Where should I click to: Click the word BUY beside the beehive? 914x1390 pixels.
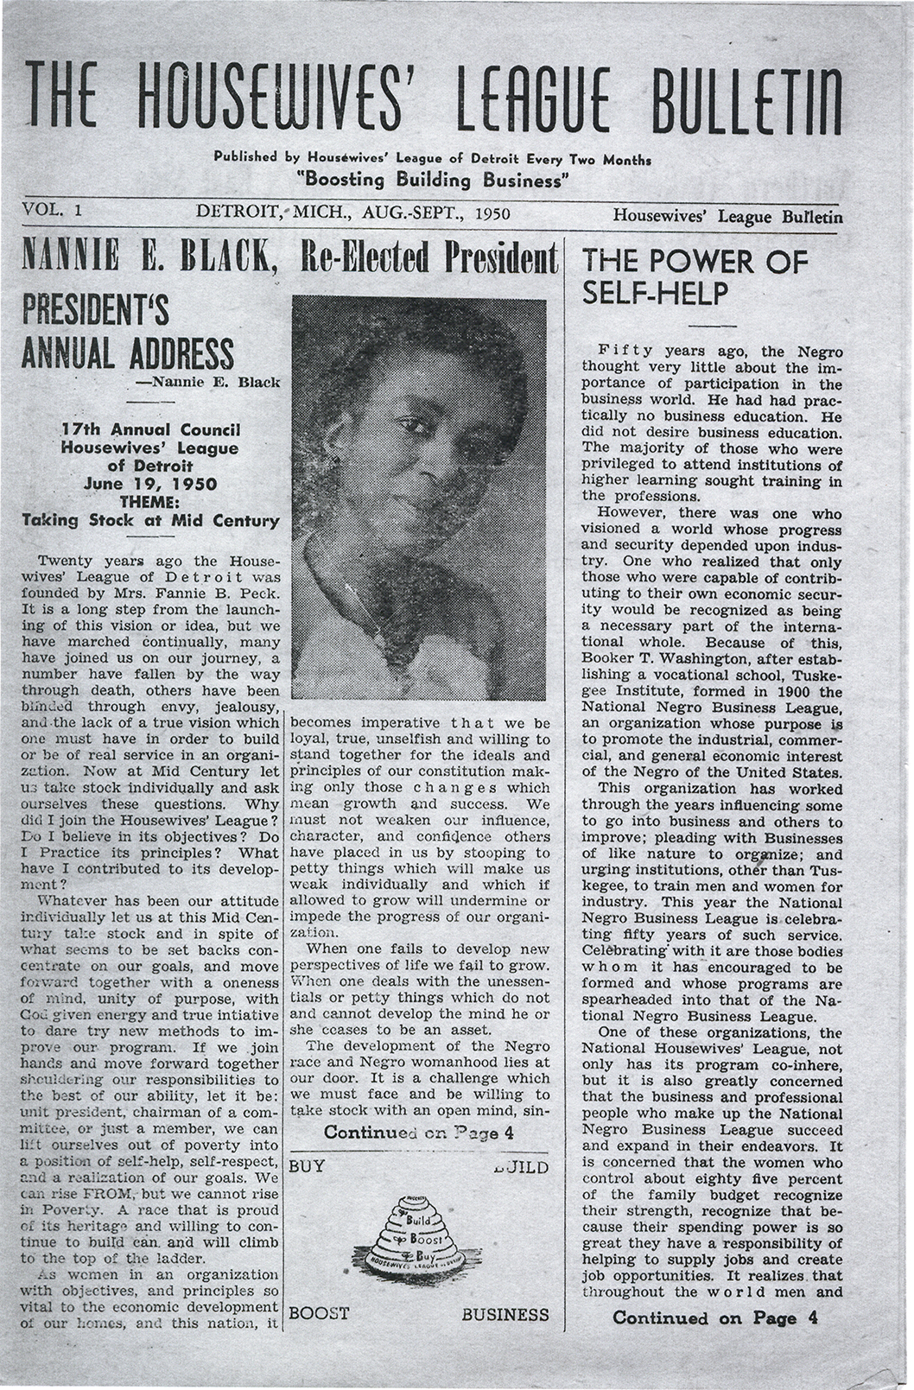pos(308,1166)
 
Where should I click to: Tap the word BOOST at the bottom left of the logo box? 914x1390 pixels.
pos(319,1314)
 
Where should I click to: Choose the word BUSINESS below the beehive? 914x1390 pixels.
pos(505,1314)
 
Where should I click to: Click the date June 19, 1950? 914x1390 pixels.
pos(150,484)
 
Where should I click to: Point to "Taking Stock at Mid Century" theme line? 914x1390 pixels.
pos(150,520)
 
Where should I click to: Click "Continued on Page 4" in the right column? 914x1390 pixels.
pos(714,1317)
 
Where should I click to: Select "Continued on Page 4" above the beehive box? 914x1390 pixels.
pos(419,1133)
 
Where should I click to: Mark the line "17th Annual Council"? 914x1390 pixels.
pos(150,429)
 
